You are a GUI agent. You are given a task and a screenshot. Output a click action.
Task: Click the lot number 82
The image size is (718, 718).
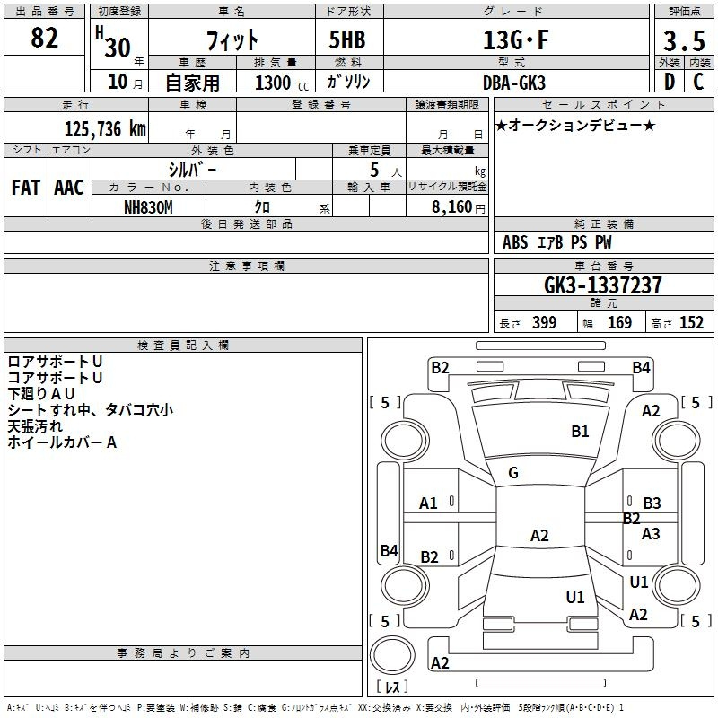point(44,38)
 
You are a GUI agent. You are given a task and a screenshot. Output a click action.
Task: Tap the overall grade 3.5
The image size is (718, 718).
point(684,40)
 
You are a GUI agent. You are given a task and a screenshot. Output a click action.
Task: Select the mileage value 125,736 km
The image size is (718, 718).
point(105,128)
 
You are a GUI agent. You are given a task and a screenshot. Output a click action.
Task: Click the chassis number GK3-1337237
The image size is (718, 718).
point(603,285)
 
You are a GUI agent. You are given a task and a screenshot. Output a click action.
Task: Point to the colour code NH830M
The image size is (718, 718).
point(148,207)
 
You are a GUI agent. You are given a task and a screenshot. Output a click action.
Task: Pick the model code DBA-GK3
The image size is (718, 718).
point(514,83)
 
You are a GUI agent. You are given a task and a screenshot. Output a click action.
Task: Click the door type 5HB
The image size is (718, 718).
point(347,39)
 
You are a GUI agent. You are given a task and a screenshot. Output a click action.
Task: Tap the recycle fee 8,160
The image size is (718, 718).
point(452,207)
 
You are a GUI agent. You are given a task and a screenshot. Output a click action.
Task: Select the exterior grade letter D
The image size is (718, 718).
point(670,82)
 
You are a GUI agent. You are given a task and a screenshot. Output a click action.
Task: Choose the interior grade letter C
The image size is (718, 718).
point(698,82)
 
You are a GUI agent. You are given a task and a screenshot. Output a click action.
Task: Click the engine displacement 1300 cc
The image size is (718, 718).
point(282,83)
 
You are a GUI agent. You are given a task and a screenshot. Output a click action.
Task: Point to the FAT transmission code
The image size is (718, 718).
point(26,188)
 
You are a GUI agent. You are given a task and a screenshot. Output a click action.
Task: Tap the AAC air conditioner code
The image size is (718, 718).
point(69,188)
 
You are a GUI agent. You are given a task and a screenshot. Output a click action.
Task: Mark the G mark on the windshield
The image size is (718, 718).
point(513,473)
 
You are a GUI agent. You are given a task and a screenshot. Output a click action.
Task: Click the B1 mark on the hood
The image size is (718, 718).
point(580,432)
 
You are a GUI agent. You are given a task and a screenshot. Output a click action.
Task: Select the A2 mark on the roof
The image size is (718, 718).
point(539,535)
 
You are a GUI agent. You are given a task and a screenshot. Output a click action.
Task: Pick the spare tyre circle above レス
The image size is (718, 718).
point(392,655)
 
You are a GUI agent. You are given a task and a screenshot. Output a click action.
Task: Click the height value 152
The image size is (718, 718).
point(691,323)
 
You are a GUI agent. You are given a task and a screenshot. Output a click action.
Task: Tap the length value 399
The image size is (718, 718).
point(545,323)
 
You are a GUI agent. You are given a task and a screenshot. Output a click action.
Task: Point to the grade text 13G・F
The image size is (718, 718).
point(516,39)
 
